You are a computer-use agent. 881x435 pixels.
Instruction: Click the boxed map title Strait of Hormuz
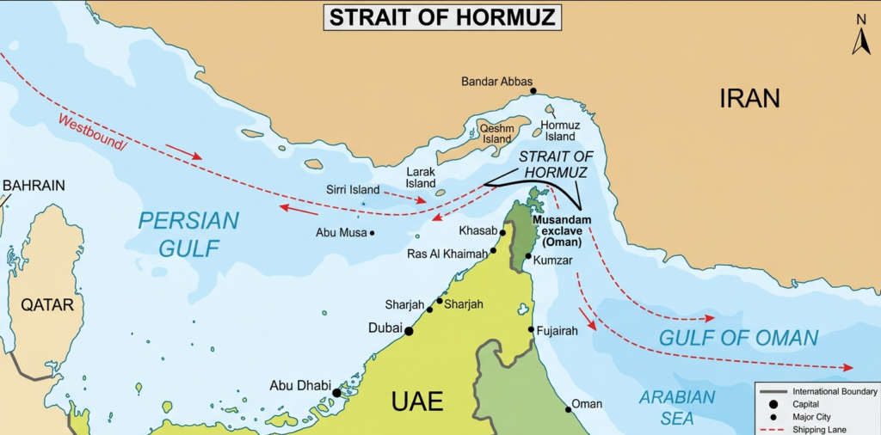click(441, 16)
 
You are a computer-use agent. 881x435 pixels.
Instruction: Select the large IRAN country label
click(749, 98)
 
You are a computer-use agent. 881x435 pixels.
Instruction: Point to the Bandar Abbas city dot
click(533, 91)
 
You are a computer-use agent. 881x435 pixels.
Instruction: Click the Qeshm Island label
click(497, 134)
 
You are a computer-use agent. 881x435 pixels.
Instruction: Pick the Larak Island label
click(421, 178)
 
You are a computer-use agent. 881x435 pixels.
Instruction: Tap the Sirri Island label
click(353, 189)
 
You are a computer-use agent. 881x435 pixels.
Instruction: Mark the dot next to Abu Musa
click(372, 233)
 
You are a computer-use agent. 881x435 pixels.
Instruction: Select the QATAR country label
click(47, 304)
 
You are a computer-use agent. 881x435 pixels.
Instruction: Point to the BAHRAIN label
click(34, 185)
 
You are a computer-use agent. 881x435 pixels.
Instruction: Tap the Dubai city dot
click(409, 331)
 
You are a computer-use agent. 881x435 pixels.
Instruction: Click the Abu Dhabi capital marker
click(336, 393)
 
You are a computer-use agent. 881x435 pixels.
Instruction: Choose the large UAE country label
click(417, 401)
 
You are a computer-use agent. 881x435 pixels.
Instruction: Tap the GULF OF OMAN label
click(738, 338)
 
